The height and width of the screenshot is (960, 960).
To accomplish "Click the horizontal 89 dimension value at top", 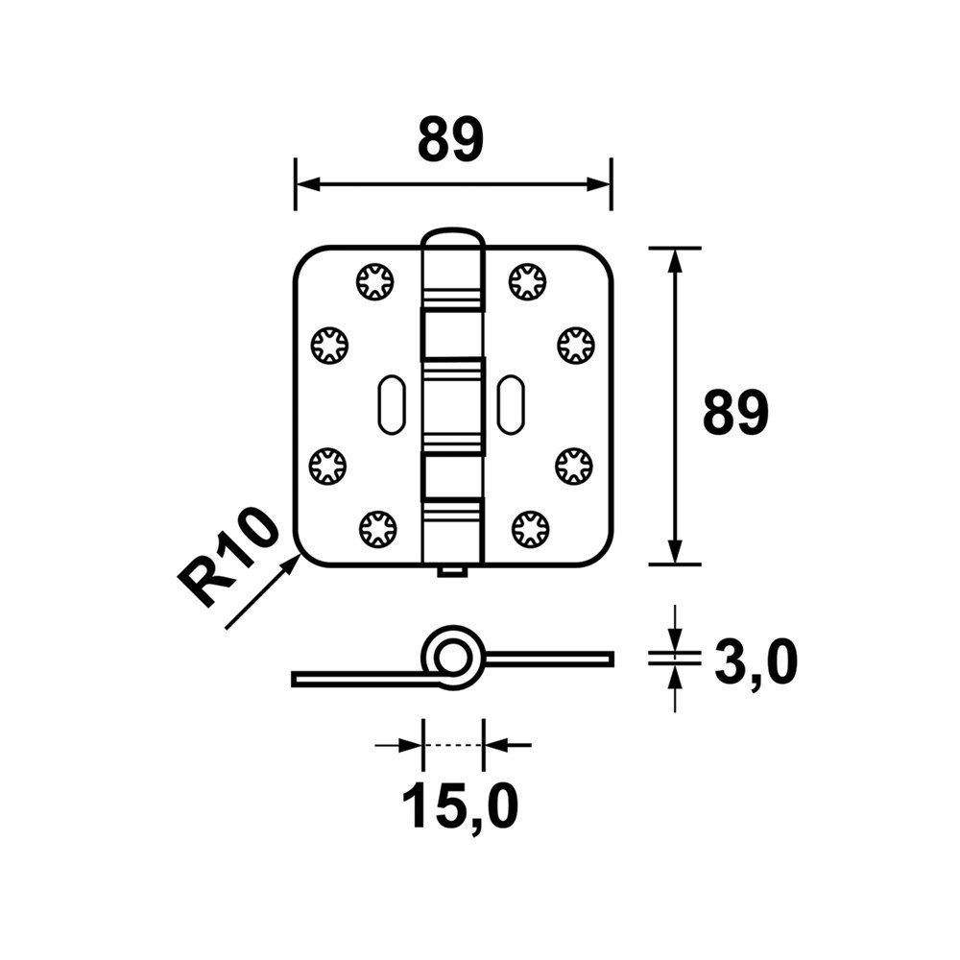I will tap(449, 141).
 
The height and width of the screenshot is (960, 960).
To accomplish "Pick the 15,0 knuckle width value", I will tap(460, 806).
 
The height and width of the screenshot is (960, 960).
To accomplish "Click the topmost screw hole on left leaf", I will tap(373, 281).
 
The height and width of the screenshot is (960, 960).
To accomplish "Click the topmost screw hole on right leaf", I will tap(528, 281).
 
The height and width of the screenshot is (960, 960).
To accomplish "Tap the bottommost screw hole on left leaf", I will tap(376, 527).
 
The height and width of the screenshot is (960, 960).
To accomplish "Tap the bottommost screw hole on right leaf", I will tap(530, 527).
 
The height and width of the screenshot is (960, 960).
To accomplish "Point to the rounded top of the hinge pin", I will tap(452, 236).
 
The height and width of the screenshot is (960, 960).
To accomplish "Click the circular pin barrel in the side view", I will tap(451, 659).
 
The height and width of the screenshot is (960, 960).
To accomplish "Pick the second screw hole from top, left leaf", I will tap(329, 345).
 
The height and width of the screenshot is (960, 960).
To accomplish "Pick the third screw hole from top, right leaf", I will tap(574, 466).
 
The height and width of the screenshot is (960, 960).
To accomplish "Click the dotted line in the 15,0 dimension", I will tap(452, 745).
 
